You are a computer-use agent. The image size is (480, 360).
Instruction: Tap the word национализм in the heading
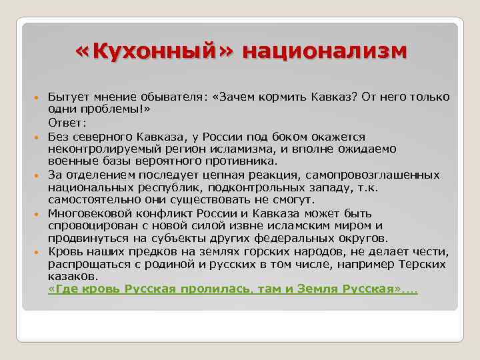click(x=324, y=51)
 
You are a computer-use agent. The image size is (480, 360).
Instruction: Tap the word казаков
click(x=72, y=276)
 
